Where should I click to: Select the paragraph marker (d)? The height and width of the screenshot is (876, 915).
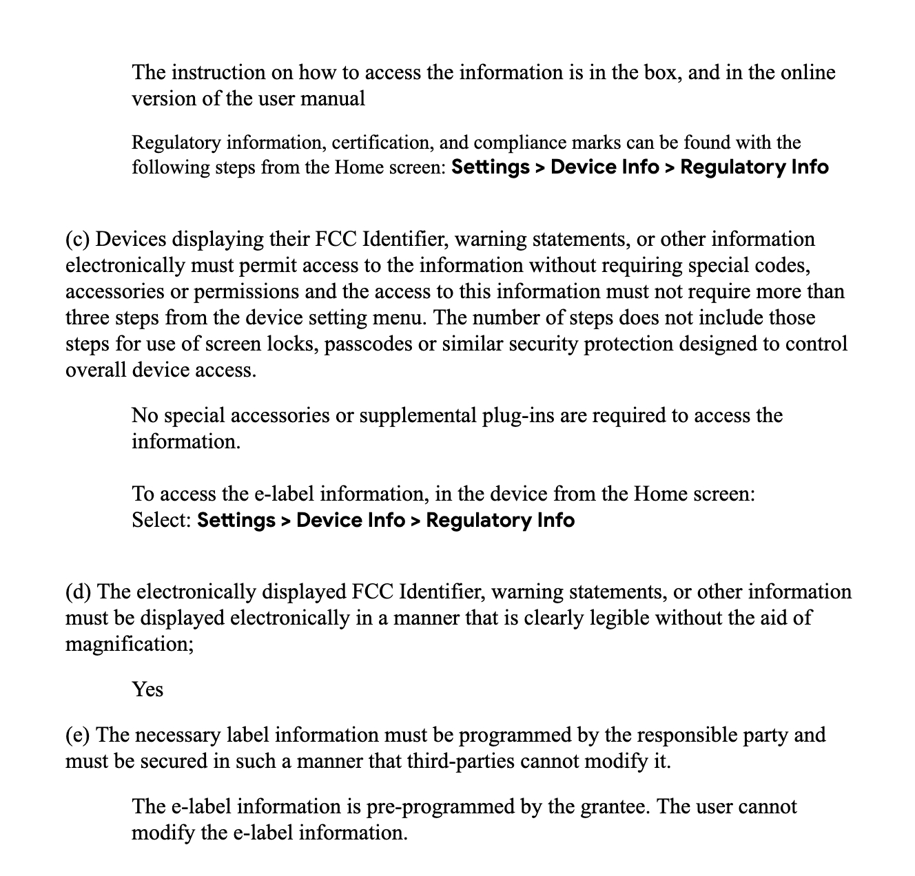(x=79, y=592)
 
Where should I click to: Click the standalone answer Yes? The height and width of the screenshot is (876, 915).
(x=147, y=689)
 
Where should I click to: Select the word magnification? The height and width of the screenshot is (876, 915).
(x=129, y=645)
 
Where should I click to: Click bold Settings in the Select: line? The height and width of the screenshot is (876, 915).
(x=236, y=520)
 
